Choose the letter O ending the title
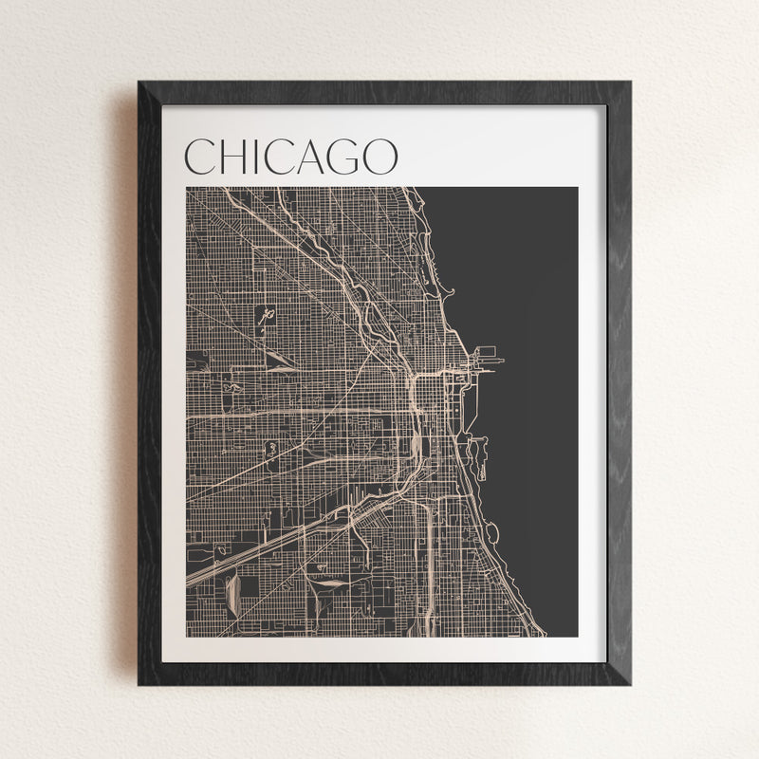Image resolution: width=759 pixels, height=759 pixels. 381,157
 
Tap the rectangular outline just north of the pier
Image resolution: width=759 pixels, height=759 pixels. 486,352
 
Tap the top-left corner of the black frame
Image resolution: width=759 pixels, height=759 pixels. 140,83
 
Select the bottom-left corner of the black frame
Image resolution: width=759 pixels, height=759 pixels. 140,682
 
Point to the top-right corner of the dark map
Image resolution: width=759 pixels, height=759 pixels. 577,188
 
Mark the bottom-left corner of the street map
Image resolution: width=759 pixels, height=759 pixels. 187,636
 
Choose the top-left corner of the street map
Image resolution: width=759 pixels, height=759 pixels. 187,188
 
